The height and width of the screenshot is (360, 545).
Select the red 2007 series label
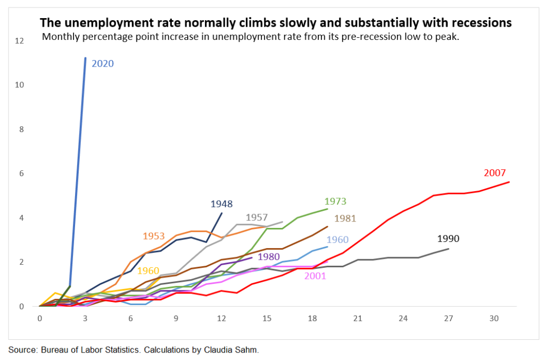(x=495, y=173)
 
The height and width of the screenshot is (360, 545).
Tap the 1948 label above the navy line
(x=221, y=203)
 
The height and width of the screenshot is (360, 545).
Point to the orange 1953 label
(x=154, y=236)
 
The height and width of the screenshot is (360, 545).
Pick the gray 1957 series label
(x=257, y=218)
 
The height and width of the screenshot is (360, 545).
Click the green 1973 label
(x=335, y=201)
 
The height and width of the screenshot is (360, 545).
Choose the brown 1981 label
(x=345, y=218)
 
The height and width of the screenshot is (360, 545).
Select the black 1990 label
(x=448, y=239)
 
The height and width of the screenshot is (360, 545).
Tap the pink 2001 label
(x=315, y=276)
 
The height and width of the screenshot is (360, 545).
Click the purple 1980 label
(x=269, y=257)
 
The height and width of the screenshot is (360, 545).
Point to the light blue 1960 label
(x=337, y=240)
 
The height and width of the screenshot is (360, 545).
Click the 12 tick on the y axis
(x=20, y=40)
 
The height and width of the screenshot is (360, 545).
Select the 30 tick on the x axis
(x=494, y=318)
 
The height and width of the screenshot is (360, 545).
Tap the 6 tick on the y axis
(x=22, y=174)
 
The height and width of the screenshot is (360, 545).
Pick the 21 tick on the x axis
(x=358, y=318)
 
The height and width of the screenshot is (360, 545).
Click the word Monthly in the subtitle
(x=60, y=37)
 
